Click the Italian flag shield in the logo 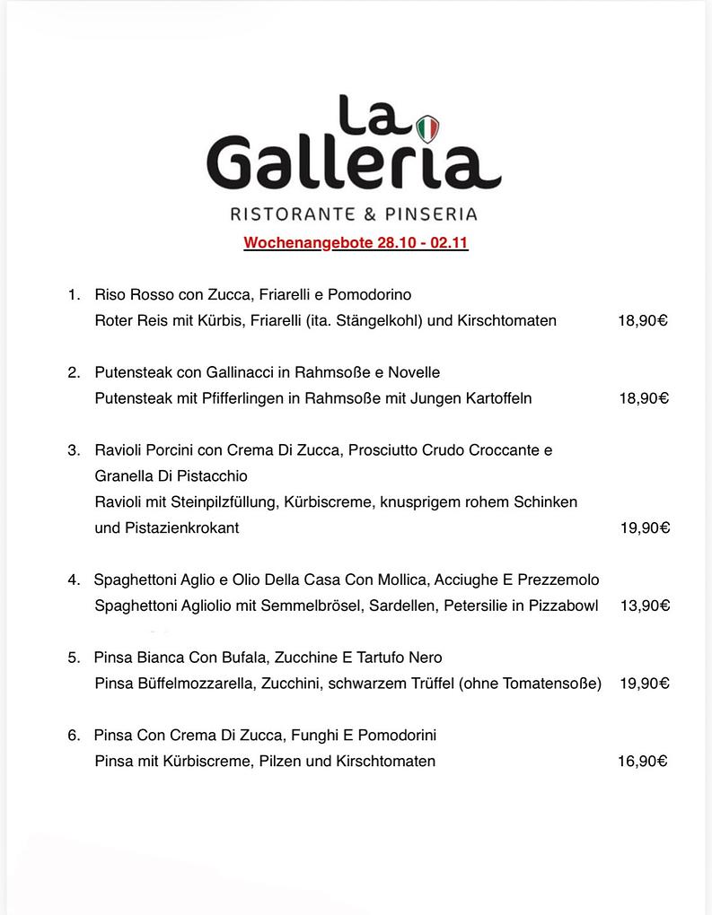click(428, 128)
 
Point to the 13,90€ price click(645, 606)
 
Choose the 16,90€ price click(643, 762)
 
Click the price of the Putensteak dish click(643, 398)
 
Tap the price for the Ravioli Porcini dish click(645, 527)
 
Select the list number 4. click(74, 579)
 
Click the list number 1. click(74, 294)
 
